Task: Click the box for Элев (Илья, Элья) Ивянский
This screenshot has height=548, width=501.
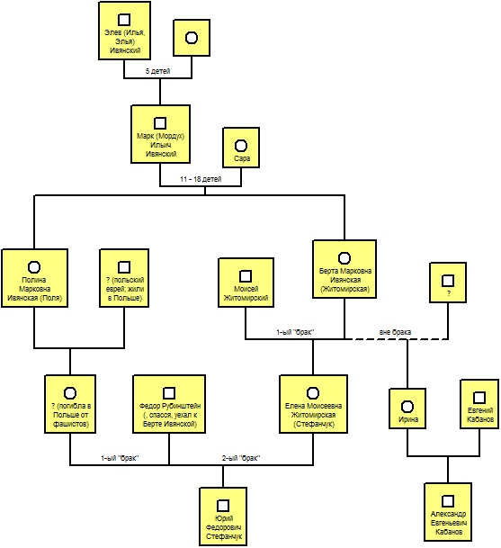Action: pyautogui.click(x=125, y=31)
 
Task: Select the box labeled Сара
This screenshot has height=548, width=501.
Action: pyautogui.click(x=241, y=148)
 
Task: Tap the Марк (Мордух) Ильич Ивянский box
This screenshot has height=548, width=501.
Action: pyautogui.click(x=161, y=134)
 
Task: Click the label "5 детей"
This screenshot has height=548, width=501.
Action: pyautogui.click(x=158, y=71)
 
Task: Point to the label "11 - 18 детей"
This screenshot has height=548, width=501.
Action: pyautogui.click(x=201, y=179)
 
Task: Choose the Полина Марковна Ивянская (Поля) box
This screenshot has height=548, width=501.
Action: pyautogui.click(x=34, y=278)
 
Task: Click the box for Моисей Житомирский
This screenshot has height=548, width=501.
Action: pyautogui.click(x=246, y=283)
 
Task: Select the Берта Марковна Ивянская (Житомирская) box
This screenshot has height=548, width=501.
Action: pyautogui.click(x=344, y=269)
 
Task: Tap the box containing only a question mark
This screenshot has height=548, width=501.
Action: pyautogui.click(x=448, y=283)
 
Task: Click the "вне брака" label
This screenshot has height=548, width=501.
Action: pyautogui.click(x=395, y=332)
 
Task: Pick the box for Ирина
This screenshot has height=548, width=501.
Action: pyautogui.click(x=407, y=409)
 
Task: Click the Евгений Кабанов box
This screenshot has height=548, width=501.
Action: pyautogui.click(x=479, y=404)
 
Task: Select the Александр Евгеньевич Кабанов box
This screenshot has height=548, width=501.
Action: pyautogui.click(x=448, y=512)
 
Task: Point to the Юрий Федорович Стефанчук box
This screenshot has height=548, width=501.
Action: pyautogui.click(x=223, y=517)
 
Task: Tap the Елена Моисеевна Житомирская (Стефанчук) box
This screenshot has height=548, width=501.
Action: pyautogui.click(x=313, y=404)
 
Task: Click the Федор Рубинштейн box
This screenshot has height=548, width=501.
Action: pyautogui.click(x=169, y=404)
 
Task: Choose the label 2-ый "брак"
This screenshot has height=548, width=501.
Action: pyautogui.click(x=241, y=458)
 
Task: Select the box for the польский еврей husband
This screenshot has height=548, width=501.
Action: pyautogui.click(x=124, y=278)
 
